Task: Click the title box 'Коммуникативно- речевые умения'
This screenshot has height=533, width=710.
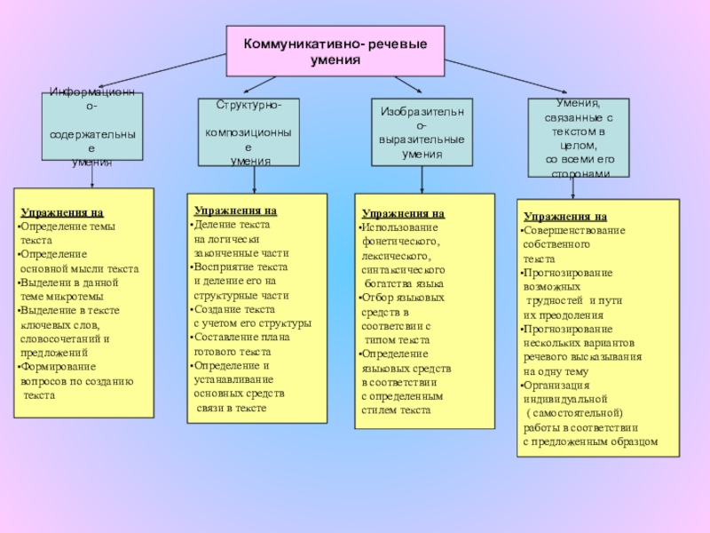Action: pyautogui.click(x=335, y=52)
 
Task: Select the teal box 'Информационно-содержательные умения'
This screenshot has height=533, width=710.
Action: pyautogui.click(x=92, y=128)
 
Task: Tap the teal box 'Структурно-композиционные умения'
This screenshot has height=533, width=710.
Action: pyautogui.click(x=249, y=132)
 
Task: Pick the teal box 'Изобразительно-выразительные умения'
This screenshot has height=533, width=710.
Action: pyautogui.click(x=422, y=132)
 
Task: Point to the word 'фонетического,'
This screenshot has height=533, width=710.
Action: pyautogui.click(x=400, y=241)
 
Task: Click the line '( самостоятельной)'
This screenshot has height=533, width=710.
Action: pyautogui.click(x=574, y=413)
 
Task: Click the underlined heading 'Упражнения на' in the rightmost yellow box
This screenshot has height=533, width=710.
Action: pyautogui.click(x=564, y=216)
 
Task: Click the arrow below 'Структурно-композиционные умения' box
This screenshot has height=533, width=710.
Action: pyautogui.click(x=255, y=180)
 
